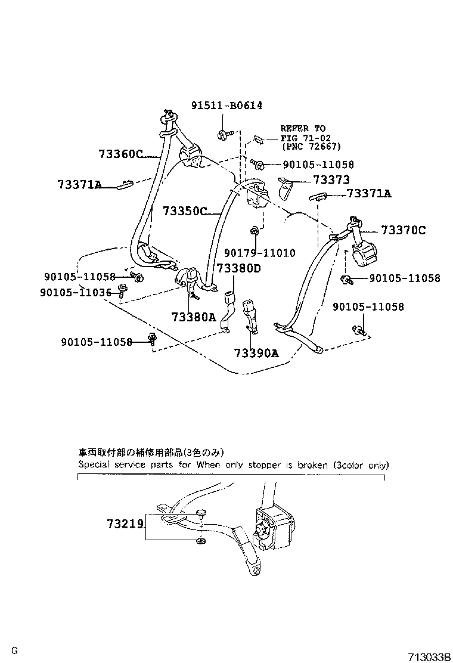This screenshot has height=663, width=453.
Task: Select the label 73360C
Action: (x=120, y=154)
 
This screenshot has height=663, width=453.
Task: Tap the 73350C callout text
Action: (x=184, y=211)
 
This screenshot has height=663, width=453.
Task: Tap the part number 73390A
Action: (x=256, y=352)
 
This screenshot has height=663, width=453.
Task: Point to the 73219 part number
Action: (x=125, y=524)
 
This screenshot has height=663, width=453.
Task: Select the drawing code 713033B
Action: (x=429, y=656)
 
